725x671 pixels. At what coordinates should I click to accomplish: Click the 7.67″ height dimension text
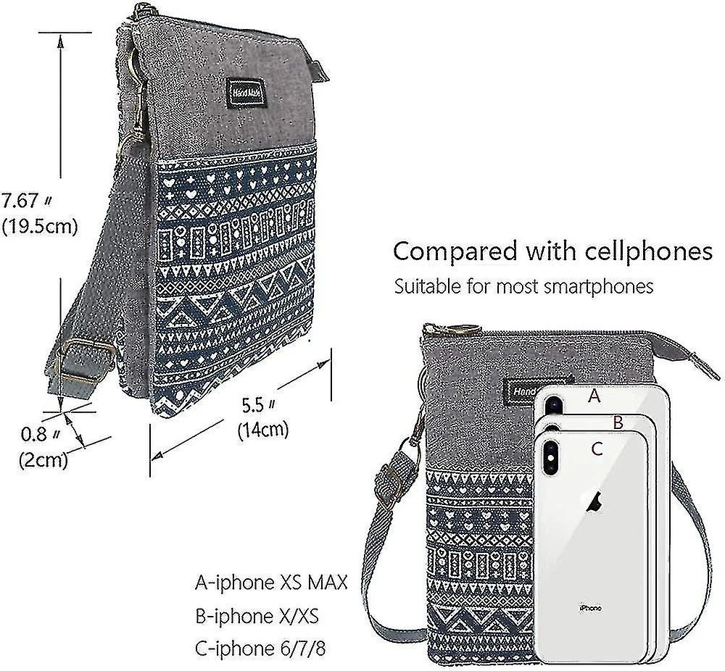26,201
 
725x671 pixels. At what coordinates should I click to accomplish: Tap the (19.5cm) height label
40,227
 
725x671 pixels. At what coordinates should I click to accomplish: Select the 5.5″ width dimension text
259,405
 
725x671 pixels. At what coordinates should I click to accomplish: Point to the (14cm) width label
263,430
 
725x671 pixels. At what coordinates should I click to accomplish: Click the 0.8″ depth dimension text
41,434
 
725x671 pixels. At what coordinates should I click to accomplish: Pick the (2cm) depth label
43,460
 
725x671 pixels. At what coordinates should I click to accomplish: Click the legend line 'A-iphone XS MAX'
271,583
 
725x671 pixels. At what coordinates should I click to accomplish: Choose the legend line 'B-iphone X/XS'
257,616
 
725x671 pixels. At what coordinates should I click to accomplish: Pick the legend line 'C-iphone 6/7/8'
260,649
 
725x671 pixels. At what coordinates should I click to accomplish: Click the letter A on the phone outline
594,396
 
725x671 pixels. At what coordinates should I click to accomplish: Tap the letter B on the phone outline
618,422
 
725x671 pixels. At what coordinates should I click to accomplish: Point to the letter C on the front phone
597,449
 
